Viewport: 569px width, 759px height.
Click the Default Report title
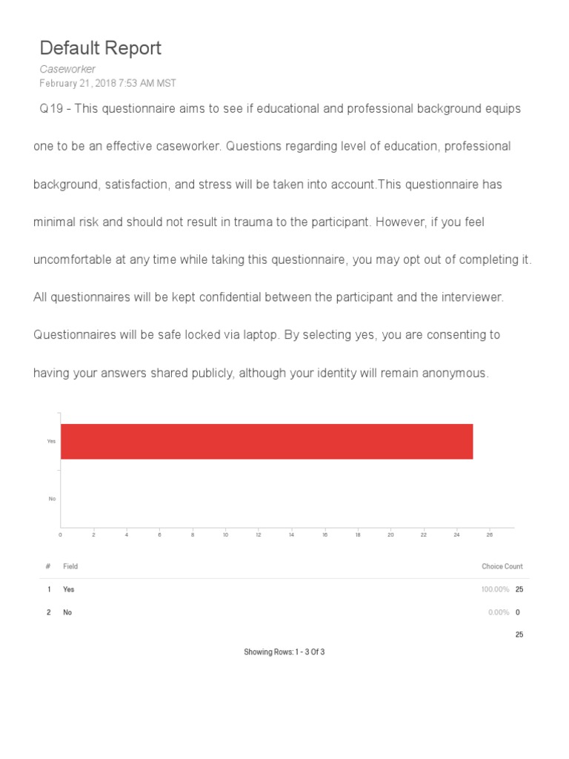100,49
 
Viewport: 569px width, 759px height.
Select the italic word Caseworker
67,69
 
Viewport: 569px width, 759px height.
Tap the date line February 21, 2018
107,83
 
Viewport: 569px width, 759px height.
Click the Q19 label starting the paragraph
50,109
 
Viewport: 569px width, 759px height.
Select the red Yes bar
267,441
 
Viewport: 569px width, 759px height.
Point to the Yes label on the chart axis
51,441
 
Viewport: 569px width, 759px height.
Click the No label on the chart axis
52,499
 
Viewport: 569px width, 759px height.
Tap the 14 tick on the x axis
291,534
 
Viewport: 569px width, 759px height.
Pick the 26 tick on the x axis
490,534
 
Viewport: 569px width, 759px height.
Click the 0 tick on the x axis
61,534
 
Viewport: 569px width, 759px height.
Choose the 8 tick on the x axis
193,534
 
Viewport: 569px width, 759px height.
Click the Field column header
70,566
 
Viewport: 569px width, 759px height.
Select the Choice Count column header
502,566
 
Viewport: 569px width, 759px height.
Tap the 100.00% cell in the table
495,589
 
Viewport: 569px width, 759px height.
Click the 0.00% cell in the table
498,612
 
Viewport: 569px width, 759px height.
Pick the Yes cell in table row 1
69,589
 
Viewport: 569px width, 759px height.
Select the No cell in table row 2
67,612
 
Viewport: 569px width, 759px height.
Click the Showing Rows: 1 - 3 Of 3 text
284,652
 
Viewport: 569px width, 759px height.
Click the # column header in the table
48,566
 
